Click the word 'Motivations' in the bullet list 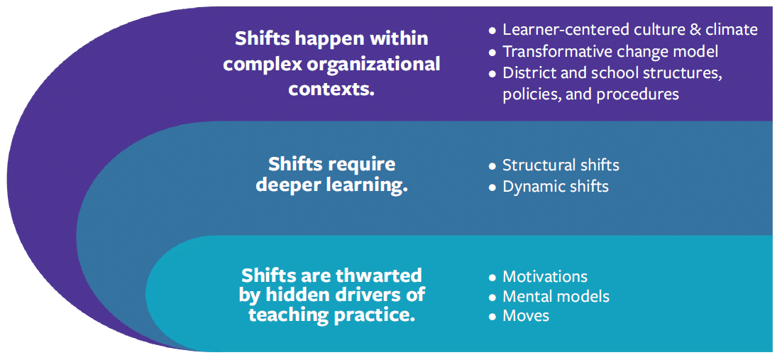[545, 277]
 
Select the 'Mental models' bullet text [556, 296]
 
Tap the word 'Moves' [526, 316]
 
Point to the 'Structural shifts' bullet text [561, 165]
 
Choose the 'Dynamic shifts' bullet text [556, 187]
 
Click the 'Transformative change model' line [610, 52]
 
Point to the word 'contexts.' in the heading [332, 89]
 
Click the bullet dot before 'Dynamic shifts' [492, 187]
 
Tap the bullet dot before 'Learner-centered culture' [492, 31]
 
